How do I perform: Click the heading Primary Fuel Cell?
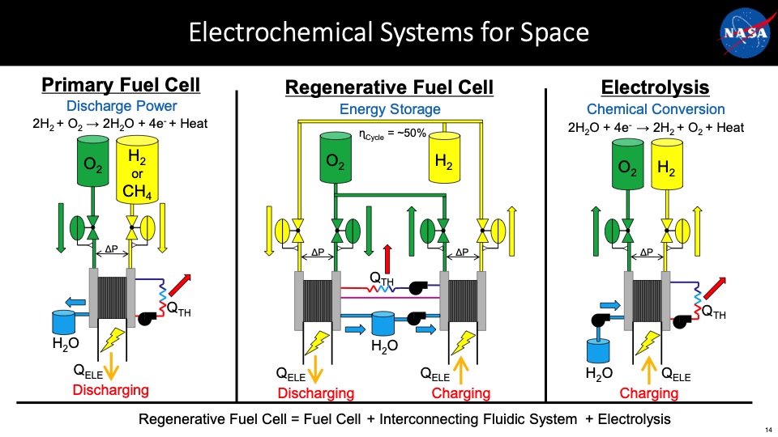point(121,86)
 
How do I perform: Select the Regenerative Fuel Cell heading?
point(390,87)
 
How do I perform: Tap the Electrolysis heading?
point(655,87)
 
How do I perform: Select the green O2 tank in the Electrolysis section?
point(625,170)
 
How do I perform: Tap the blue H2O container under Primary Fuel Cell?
point(62,321)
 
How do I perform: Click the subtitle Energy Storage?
point(390,109)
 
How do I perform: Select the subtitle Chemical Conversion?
point(655,109)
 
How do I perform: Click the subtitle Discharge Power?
point(121,106)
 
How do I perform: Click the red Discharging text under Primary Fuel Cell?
point(111,391)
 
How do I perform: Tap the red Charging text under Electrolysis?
point(648,393)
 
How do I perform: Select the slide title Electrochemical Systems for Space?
point(388,33)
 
